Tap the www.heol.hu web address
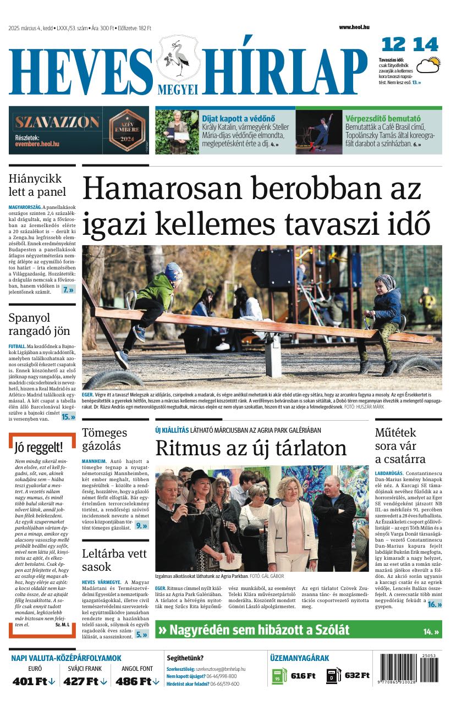[x=354, y=27]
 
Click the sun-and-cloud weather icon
[x=428, y=65]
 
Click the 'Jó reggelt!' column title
[x=38, y=447]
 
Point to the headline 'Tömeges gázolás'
[x=105, y=439]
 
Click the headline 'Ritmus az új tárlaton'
[x=251, y=448]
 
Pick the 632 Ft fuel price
[x=356, y=675]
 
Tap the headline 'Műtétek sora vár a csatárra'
[x=400, y=445]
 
